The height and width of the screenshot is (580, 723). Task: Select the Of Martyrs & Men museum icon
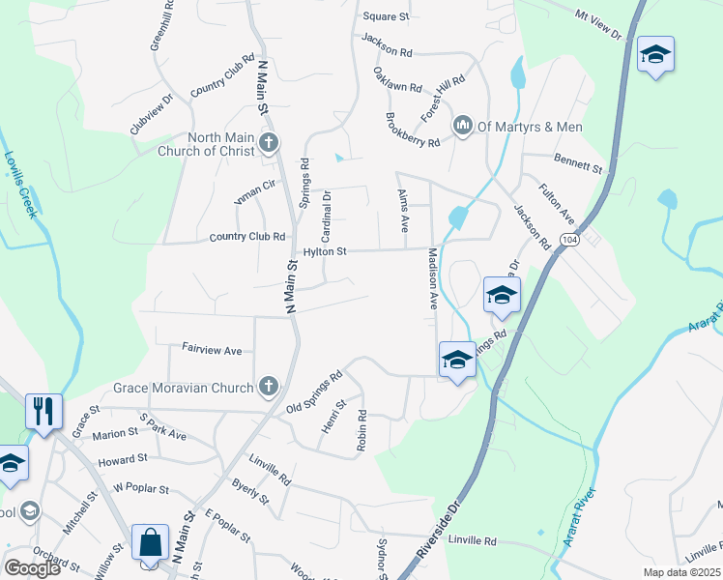pos(463,125)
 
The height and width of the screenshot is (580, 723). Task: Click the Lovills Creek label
pos(20,184)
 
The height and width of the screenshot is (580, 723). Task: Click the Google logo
pos(32,568)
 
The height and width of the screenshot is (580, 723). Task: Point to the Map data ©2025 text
pos(680,572)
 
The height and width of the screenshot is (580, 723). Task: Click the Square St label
pos(387,16)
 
